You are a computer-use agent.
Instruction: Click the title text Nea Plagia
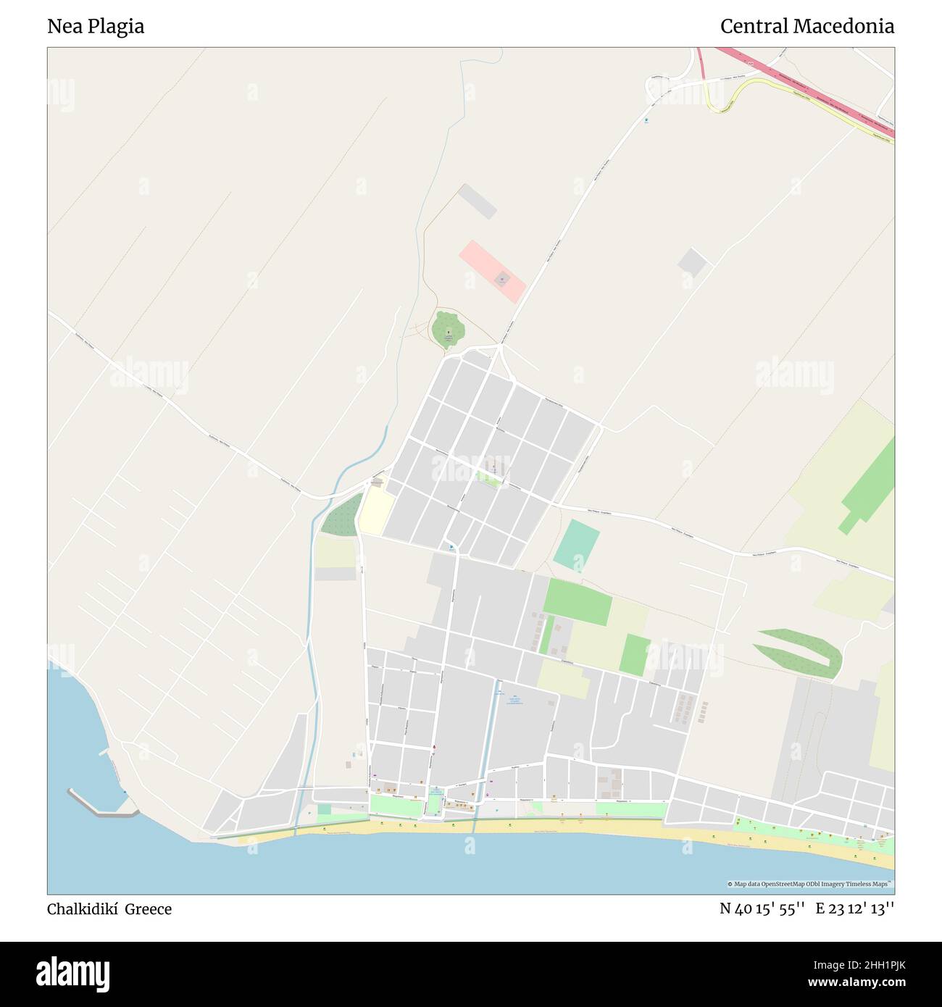click(96, 27)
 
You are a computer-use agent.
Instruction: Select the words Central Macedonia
click(806, 27)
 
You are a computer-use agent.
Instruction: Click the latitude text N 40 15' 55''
click(762, 909)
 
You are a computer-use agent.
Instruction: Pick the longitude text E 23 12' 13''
click(855, 909)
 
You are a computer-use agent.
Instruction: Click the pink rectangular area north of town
click(492, 272)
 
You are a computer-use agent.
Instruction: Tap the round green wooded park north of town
click(448, 329)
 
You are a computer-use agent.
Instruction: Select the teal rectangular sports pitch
click(577, 545)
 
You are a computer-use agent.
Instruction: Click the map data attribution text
click(810, 884)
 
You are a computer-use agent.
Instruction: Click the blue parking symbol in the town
click(451, 547)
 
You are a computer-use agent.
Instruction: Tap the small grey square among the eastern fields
click(692, 262)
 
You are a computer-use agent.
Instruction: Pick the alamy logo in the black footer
click(72, 973)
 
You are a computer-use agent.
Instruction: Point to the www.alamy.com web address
click(850, 983)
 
